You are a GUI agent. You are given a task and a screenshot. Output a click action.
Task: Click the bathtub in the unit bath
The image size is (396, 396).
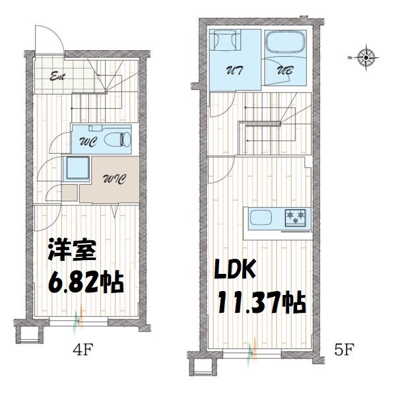click(x=285, y=46)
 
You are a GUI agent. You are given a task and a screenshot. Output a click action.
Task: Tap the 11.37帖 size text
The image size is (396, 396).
click(x=261, y=302)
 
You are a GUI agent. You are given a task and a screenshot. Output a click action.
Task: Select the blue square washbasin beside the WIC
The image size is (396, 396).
click(x=77, y=168)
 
